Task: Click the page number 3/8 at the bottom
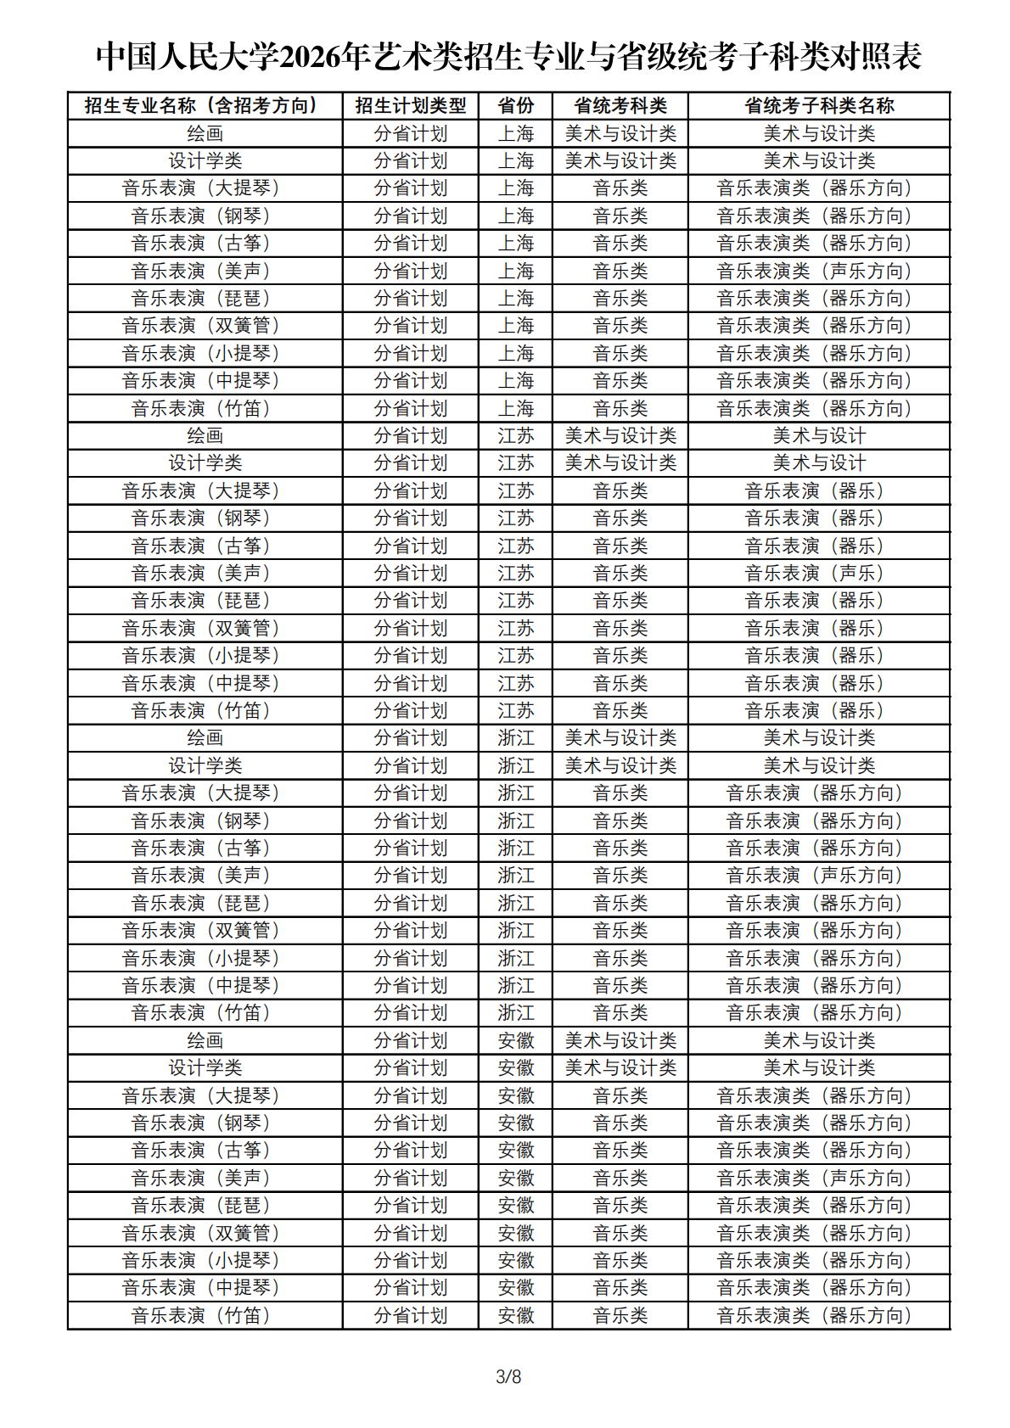[x=508, y=1375]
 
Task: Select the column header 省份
[x=515, y=105]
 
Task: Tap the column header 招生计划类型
[x=410, y=105]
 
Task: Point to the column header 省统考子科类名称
[x=818, y=105]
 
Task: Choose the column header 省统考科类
[x=620, y=105]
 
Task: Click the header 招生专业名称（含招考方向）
[x=205, y=105]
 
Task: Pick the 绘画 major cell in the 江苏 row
[x=205, y=435]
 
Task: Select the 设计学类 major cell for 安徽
[x=205, y=1067]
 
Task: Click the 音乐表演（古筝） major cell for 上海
[x=205, y=243]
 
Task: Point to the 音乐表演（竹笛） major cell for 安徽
[x=205, y=1315]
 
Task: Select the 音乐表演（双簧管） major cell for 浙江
[x=205, y=930]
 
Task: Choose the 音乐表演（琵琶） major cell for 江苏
[x=205, y=600]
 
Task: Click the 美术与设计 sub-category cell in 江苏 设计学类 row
[x=818, y=462]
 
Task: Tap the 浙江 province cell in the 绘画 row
[x=515, y=737]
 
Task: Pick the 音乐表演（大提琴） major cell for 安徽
[x=205, y=1095]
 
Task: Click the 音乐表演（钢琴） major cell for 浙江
[x=205, y=820]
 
